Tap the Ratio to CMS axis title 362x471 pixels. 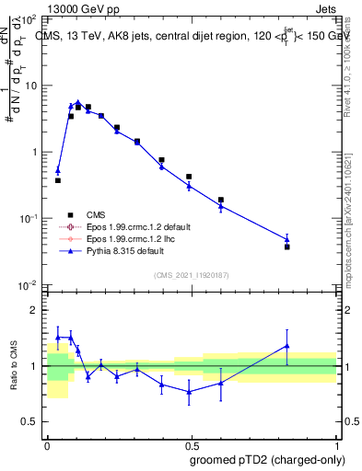[x=13, y=366]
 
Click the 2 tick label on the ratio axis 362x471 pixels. [x=35, y=310]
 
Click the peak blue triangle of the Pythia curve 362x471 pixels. [x=78, y=103]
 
